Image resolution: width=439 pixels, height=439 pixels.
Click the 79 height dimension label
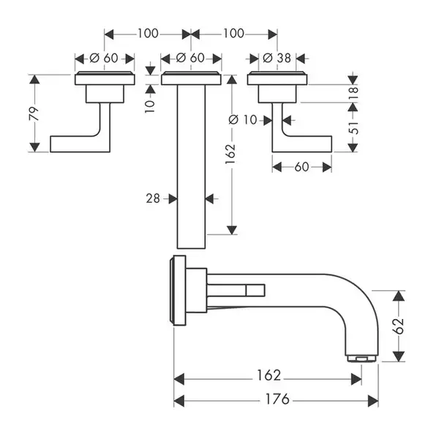pyautogui.click(x=34, y=113)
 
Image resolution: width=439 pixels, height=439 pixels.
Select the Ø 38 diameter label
pyautogui.click(x=277, y=58)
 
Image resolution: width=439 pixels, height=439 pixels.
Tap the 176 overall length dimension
pyautogui.click(x=277, y=399)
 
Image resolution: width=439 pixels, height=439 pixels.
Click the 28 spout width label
pyautogui.click(x=153, y=198)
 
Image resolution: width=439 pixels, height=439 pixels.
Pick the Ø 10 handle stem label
pyautogui.click(x=243, y=120)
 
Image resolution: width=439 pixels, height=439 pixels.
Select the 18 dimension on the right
pyautogui.click(x=353, y=93)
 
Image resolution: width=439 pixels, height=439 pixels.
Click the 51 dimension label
pyautogui.click(x=353, y=127)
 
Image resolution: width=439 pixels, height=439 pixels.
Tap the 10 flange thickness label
pyautogui.click(x=150, y=106)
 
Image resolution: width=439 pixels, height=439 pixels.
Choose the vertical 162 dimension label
pyautogui.click(x=231, y=154)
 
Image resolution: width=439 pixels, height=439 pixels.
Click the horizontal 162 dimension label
pyautogui.click(x=269, y=375)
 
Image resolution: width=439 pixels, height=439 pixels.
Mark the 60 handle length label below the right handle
pyautogui.click(x=301, y=167)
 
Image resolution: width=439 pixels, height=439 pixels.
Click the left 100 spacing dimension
pyautogui.click(x=148, y=34)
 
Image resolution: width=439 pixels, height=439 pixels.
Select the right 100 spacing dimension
pyautogui.click(x=233, y=34)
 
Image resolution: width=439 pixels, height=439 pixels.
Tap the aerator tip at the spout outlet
pyautogui.click(x=361, y=359)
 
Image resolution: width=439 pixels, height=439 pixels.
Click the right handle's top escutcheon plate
pyautogui.click(x=277, y=78)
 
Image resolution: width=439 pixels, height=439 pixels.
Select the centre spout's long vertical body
pyautogui.click(x=191, y=167)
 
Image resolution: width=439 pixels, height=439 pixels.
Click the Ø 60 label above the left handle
pyautogui.click(x=104, y=58)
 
